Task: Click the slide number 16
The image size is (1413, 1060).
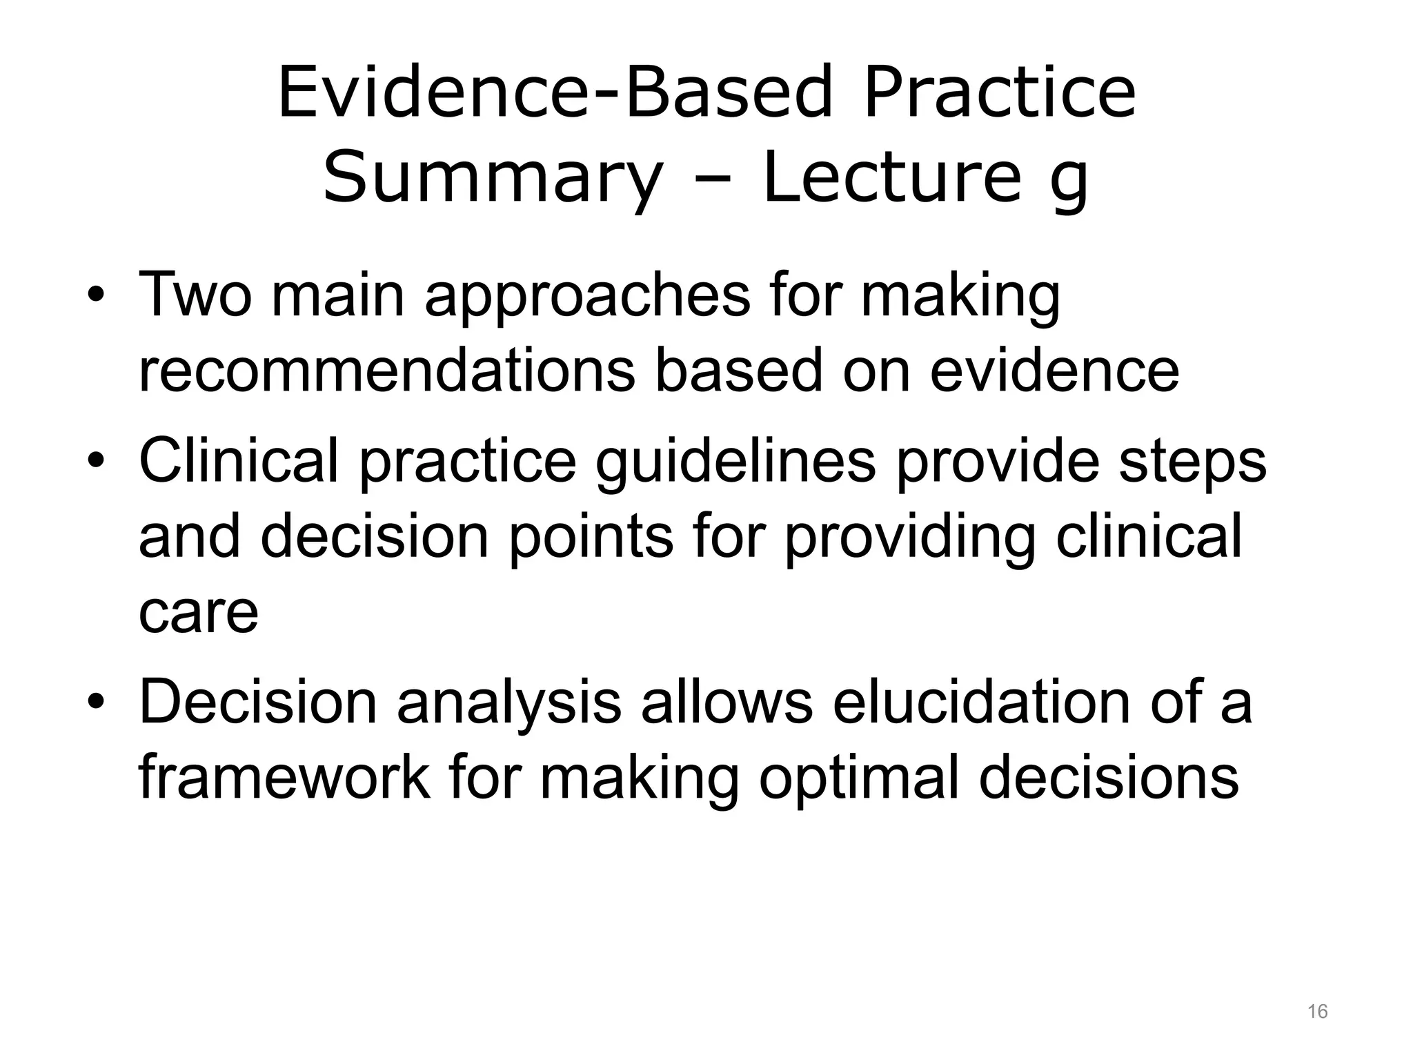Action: [1317, 1012]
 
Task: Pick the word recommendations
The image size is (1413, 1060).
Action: [386, 371]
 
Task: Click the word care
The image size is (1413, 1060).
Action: [198, 612]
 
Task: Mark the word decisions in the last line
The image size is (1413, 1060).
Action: [1108, 778]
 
